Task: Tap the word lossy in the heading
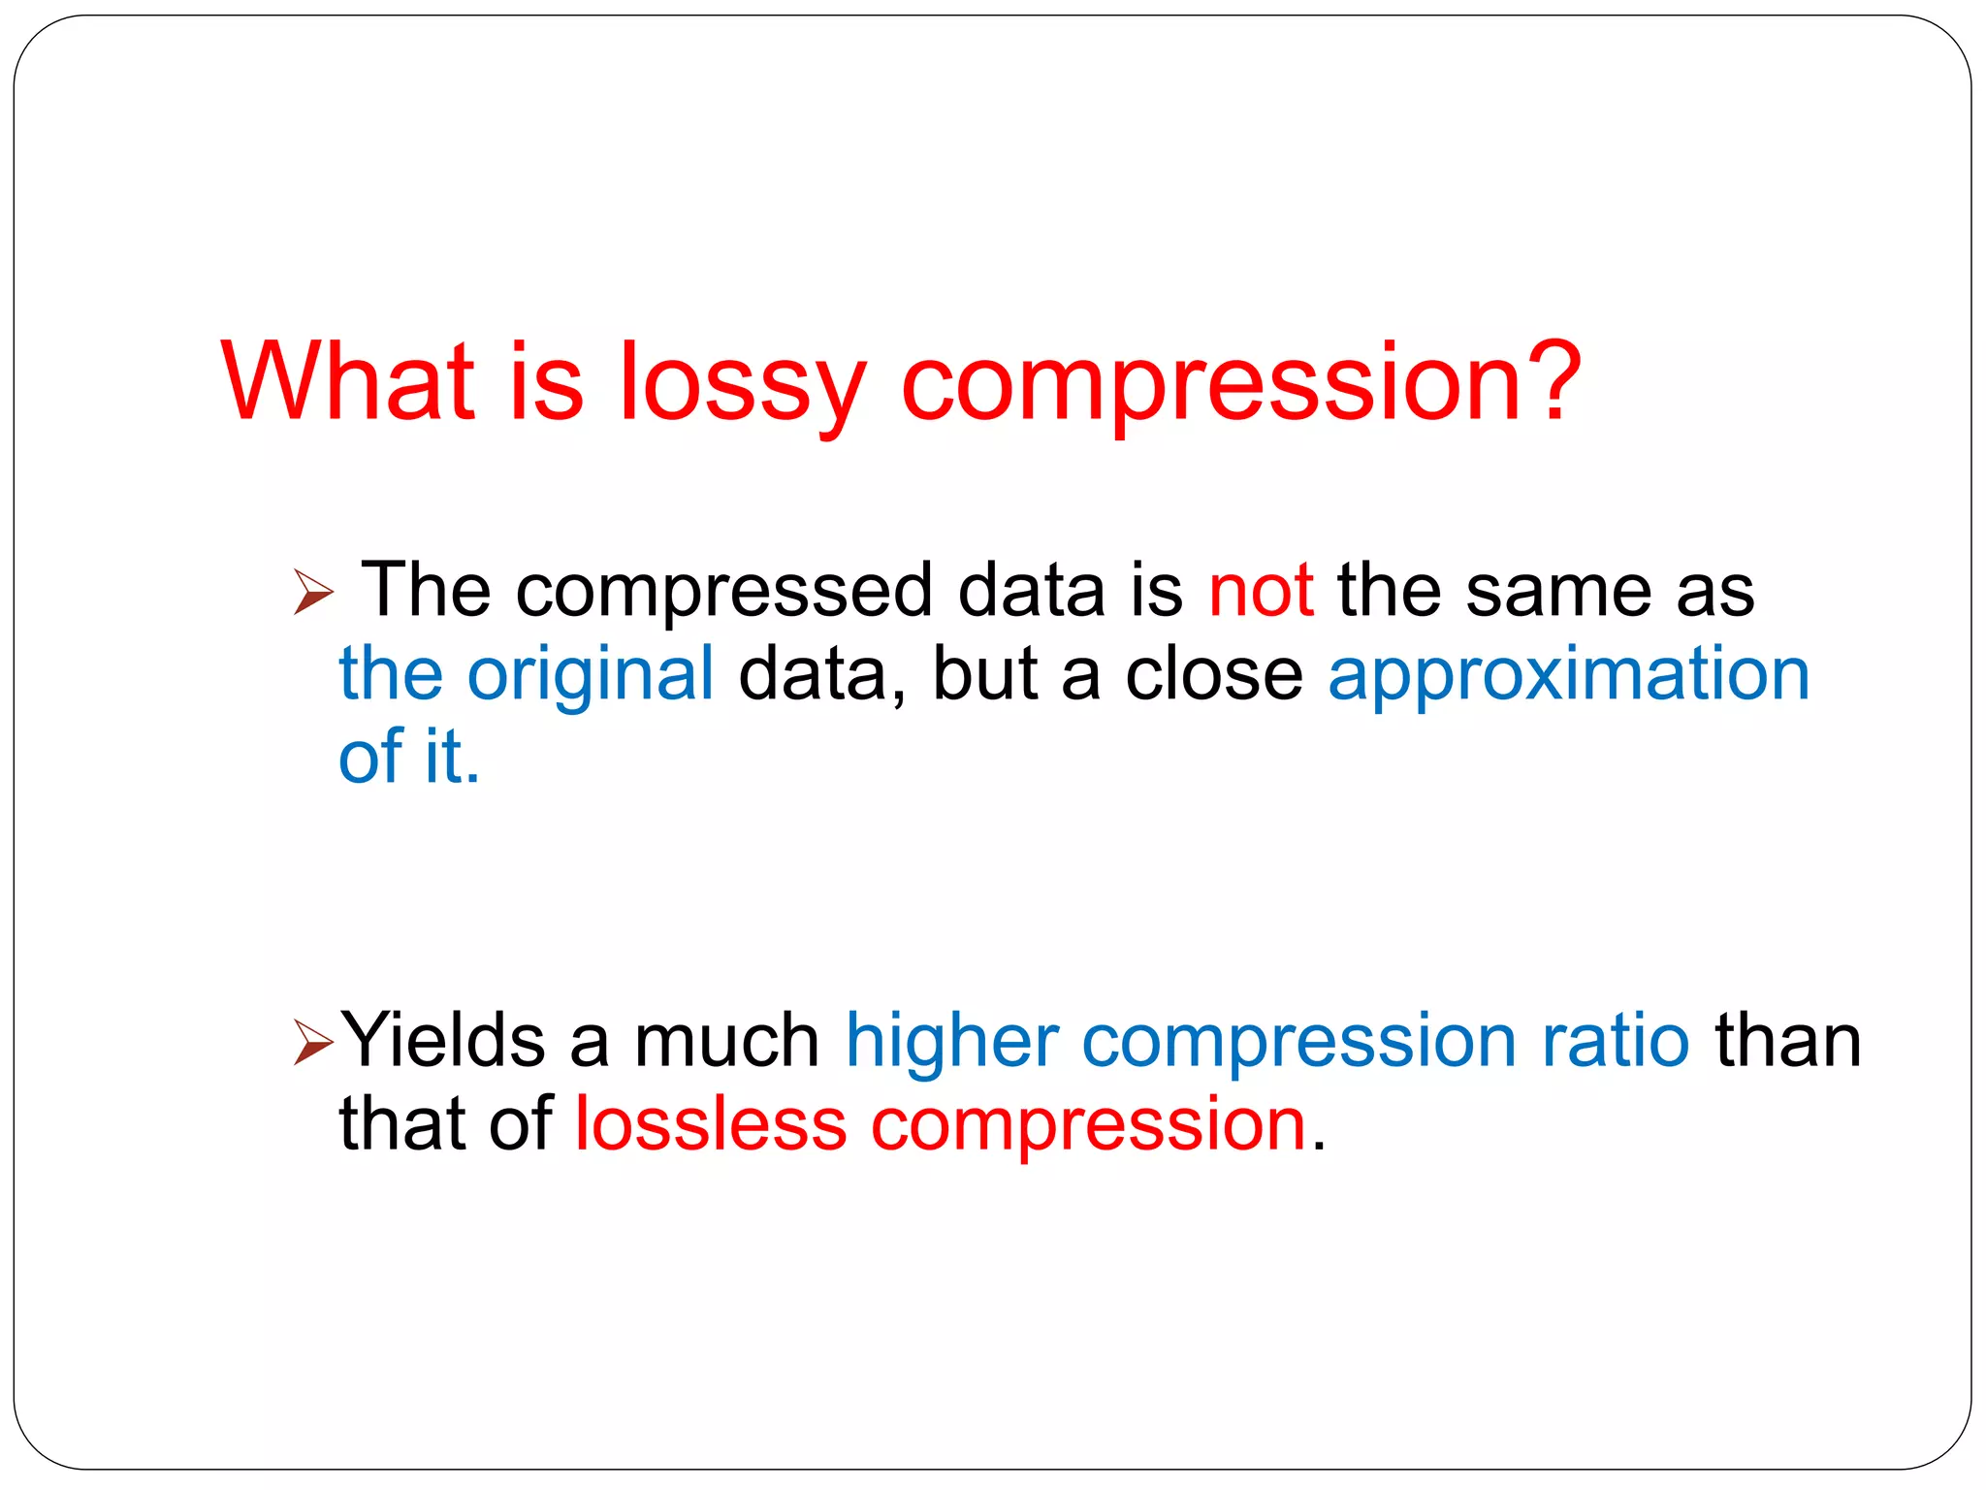[741, 386]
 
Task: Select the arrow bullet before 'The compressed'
[312, 592]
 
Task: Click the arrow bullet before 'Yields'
[312, 1043]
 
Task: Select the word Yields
[442, 1041]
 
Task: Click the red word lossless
[711, 1124]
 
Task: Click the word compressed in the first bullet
[723, 592]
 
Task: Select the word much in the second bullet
[726, 1041]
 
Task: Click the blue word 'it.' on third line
[452, 756]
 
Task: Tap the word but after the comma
[984, 674]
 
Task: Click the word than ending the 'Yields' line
[1787, 1041]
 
